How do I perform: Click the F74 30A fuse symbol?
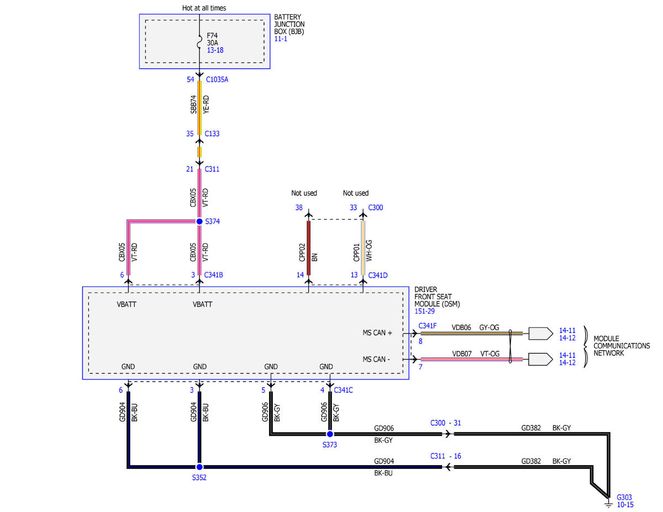tap(199, 42)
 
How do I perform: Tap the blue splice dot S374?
tap(199, 221)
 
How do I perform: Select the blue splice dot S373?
tap(330, 434)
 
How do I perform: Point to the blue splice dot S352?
tap(199, 467)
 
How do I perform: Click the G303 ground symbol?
tap(608, 503)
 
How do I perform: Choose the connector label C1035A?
tap(217, 80)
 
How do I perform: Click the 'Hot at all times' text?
tap(204, 8)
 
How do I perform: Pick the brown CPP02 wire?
tap(308, 248)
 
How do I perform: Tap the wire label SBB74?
tap(193, 104)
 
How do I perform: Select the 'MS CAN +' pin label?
tap(377, 332)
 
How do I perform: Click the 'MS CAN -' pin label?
tap(376, 359)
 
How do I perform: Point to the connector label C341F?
tap(428, 326)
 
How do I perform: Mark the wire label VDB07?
tap(462, 353)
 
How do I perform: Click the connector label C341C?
tap(343, 390)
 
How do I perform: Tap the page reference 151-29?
tap(424, 312)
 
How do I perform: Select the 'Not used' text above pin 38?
tap(304, 193)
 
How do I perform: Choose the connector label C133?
tap(212, 134)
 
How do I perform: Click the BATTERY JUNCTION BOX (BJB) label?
tap(289, 24)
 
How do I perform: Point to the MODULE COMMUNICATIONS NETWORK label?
tap(622, 346)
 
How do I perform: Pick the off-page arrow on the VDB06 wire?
tap(541, 334)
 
